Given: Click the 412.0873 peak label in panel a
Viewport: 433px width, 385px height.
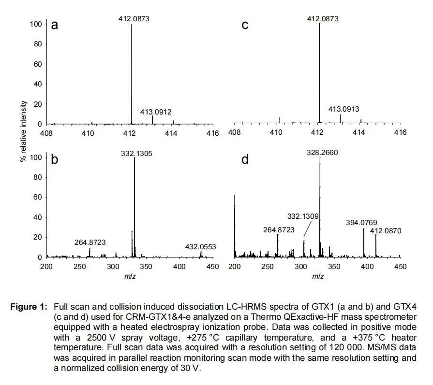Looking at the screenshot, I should click(x=134, y=19).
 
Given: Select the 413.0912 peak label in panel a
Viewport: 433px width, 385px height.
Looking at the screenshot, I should click(x=156, y=112).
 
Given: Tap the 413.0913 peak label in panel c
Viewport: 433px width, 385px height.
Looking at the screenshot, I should click(x=343, y=109).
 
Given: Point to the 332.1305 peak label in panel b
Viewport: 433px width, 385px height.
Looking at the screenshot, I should click(x=134, y=153).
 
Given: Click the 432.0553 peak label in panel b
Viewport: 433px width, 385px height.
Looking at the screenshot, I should click(x=200, y=247).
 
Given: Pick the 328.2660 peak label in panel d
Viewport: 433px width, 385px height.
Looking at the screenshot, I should click(x=322, y=153).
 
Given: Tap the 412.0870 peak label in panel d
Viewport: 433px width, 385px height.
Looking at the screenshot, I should click(x=386, y=231).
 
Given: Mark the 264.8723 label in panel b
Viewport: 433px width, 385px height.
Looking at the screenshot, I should click(x=90, y=242).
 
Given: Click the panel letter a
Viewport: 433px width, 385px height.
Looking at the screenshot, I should click(x=55, y=26).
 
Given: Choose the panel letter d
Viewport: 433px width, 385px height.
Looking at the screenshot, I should click(x=245, y=159).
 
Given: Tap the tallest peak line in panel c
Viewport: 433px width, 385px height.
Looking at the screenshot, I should click(x=320, y=72).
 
